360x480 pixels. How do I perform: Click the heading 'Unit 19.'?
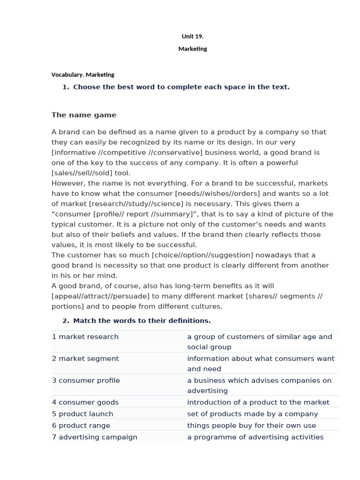[192, 36]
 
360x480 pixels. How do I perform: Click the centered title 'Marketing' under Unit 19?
[192, 49]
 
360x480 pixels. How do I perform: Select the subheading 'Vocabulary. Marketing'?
[82, 75]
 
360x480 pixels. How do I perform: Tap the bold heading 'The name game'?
[84, 115]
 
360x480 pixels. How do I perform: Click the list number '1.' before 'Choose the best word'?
[66, 87]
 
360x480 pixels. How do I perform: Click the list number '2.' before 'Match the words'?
[66, 321]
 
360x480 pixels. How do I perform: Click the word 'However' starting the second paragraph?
[66, 183]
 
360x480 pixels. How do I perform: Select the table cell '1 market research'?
[85, 337]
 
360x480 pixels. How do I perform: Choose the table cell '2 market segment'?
[85, 359]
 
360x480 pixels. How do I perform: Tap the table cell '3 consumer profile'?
[86, 380]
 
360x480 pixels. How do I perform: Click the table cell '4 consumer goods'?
[85, 402]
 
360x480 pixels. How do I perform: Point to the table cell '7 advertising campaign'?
[95, 437]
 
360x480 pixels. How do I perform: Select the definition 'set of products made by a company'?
[252, 414]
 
